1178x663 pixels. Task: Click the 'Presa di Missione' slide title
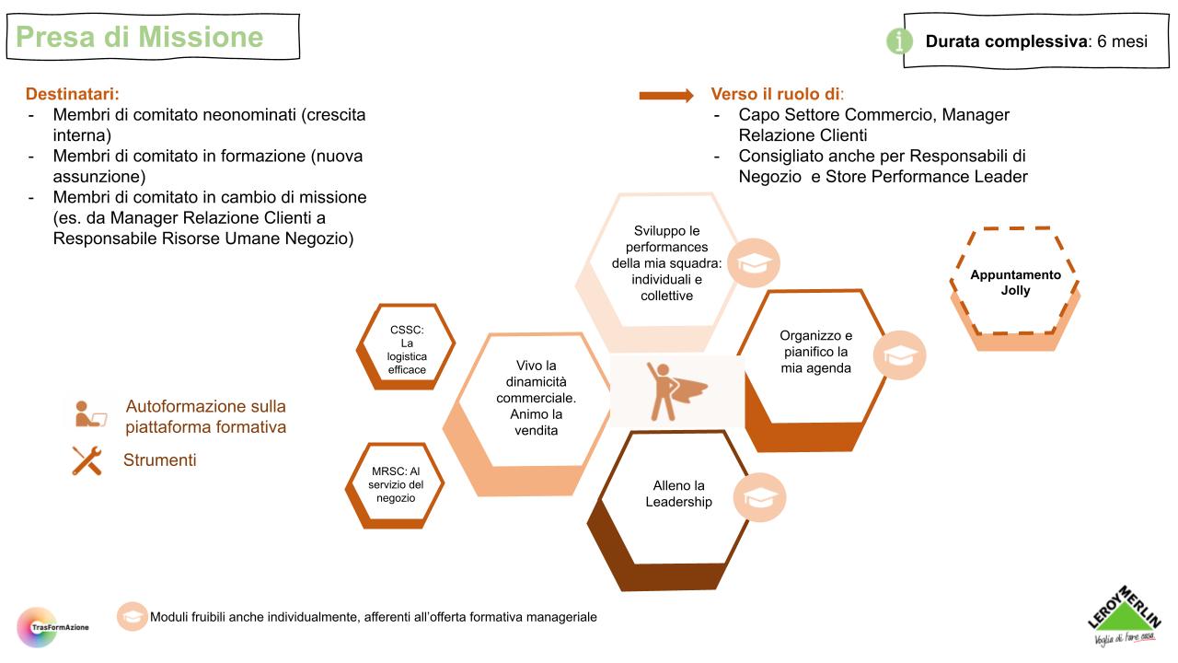[x=140, y=37]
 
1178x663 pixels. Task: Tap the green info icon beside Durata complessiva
[x=899, y=41]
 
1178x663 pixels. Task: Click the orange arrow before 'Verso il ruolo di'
[x=666, y=95]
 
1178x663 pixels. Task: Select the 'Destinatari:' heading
[x=73, y=94]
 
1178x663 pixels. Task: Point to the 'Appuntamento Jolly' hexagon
[x=1015, y=283]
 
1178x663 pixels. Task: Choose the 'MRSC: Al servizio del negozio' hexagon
[x=396, y=484]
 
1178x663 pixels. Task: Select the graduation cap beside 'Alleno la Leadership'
[x=760, y=498]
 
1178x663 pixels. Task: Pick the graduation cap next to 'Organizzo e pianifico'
[x=899, y=355]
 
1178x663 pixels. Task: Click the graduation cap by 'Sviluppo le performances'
[x=753, y=262]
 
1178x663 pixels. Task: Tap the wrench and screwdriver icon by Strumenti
[x=87, y=459]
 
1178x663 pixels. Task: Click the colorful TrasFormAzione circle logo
[x=37, y=626]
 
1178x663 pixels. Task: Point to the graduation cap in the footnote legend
[x=133, y=617]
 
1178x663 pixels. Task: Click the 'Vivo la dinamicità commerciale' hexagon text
[x=536, y=398]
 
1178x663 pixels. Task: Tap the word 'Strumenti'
[x=159, y=459]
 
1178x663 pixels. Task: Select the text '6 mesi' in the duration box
[x=1122, y=41]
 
